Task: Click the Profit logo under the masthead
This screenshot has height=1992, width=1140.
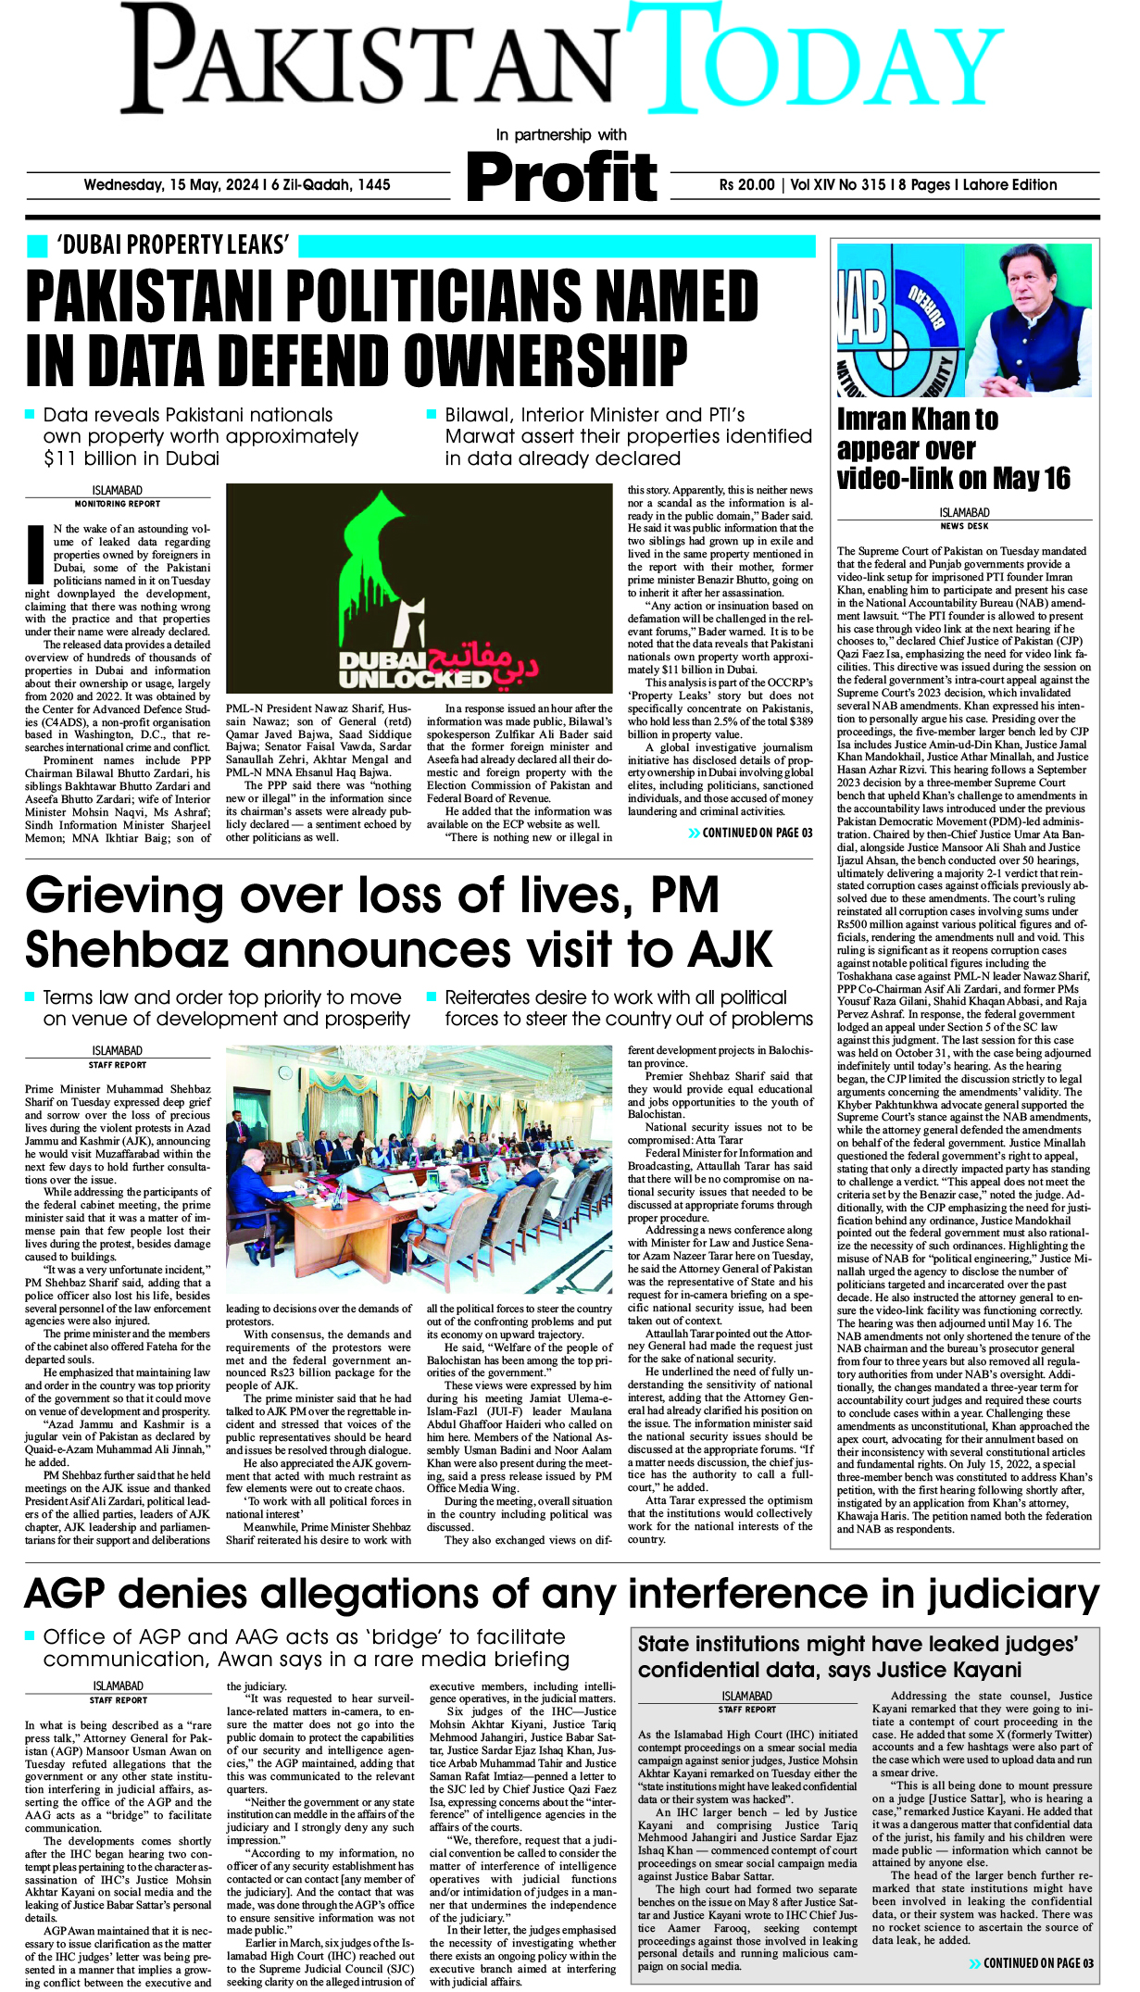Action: tap(562, 177)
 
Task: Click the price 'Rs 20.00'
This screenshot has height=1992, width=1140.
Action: tap(746, 184)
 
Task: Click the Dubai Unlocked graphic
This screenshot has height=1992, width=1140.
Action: tap(419, 588)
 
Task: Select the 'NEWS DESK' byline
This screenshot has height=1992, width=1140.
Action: tap(964, 526)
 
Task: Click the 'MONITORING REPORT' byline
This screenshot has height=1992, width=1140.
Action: tap(118, 504)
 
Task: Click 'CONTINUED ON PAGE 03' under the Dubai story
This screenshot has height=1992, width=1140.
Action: tap(750, 833)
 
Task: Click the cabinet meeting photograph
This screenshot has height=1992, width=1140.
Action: tap(419, 1171)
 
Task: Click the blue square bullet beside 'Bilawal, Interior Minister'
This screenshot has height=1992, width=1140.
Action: tap(432, 414)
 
